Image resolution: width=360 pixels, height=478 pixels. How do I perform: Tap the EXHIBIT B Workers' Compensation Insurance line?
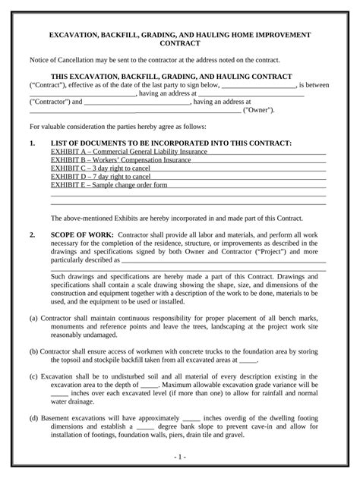click(x=120, y=160)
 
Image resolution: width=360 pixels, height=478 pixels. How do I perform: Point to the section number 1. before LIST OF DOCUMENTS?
click(x=33, y=143)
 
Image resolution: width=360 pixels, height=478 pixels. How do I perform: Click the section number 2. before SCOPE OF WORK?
click(x=33, y=236)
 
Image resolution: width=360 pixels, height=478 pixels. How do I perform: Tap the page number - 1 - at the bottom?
click(x=180, y=458)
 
